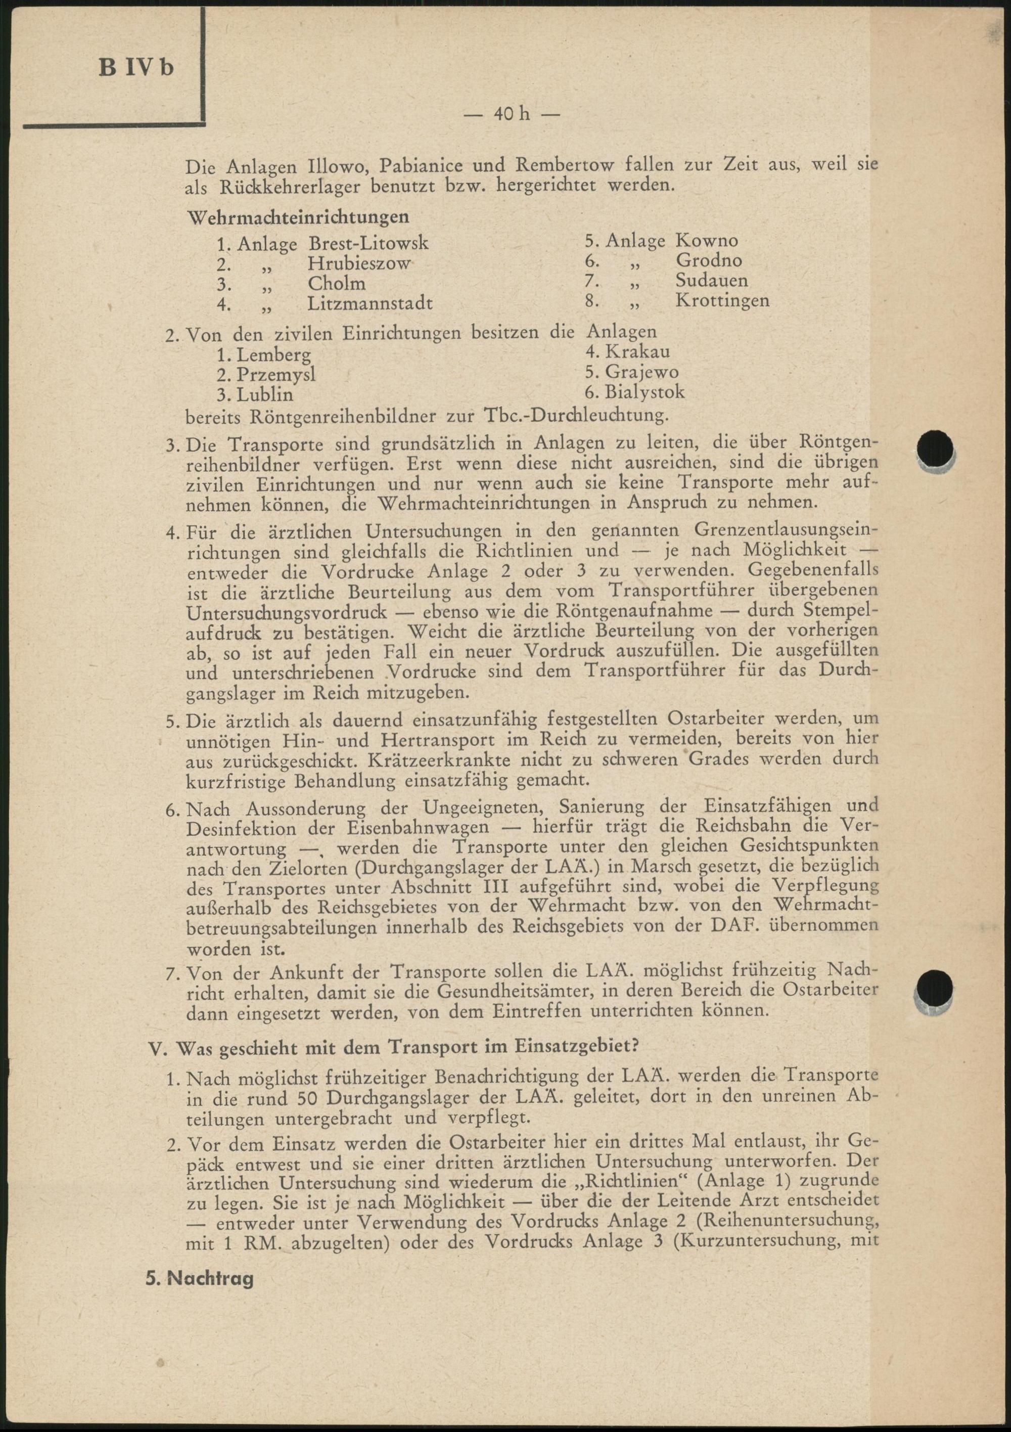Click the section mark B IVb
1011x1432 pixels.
(136, 67)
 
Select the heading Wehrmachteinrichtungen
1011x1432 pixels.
(299, 217)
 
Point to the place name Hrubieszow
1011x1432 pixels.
(359, 263)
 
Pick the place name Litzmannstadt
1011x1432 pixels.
(370, 304)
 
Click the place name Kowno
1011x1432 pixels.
(707, 240)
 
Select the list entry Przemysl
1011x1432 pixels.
(275, 374)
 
